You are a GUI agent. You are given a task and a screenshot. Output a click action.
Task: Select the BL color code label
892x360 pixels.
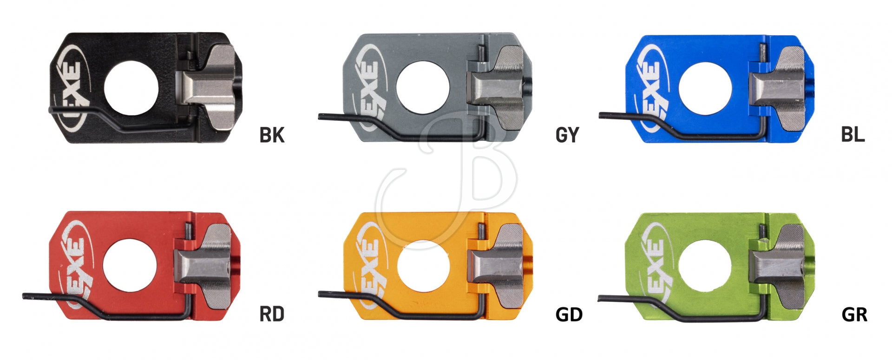(x=853, y=134)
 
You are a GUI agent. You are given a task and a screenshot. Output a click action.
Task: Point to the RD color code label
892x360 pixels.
(x=272, y=314)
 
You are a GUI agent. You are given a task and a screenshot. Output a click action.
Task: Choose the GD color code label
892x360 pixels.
(x=569, y=314)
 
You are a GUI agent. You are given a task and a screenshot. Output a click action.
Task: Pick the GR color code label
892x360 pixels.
(x=854, y=314)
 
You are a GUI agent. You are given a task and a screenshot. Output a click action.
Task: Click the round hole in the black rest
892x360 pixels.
(x=131, y=88)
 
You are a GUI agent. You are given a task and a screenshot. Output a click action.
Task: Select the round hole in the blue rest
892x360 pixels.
(x=705, y=88)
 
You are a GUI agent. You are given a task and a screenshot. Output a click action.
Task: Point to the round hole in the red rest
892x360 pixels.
(x=130, y=266)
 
